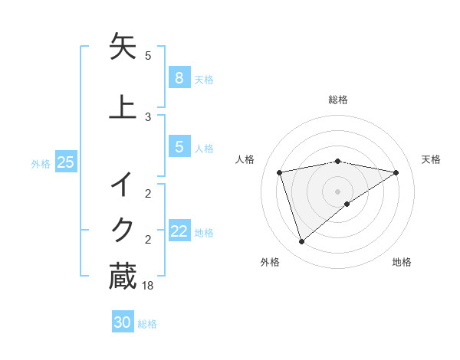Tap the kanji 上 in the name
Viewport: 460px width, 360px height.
tap(123, 106)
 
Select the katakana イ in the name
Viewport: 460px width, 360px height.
tap(123, 185)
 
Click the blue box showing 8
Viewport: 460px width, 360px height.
tap(179, 78)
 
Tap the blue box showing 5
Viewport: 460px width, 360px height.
tap(179, 147)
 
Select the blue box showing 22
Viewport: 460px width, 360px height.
tap(179, 231)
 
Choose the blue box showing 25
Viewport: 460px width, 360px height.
tap(65, 162)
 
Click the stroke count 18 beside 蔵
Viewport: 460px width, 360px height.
tap(148, 286)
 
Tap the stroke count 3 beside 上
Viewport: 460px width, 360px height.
tap(148, 116)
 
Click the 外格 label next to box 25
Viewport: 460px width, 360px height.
tap(41, 163)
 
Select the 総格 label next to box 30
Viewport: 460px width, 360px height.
tap(147, 324)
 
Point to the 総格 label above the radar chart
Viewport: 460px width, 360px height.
tap(338, 100)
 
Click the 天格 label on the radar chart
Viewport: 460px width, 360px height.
tap(432, 159)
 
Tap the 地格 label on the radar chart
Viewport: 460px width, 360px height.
tap(402, 262)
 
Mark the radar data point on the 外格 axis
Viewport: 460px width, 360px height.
tap(301, 242)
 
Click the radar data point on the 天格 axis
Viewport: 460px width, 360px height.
tap(396, 172)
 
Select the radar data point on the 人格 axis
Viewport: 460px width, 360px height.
tap(280, 172)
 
